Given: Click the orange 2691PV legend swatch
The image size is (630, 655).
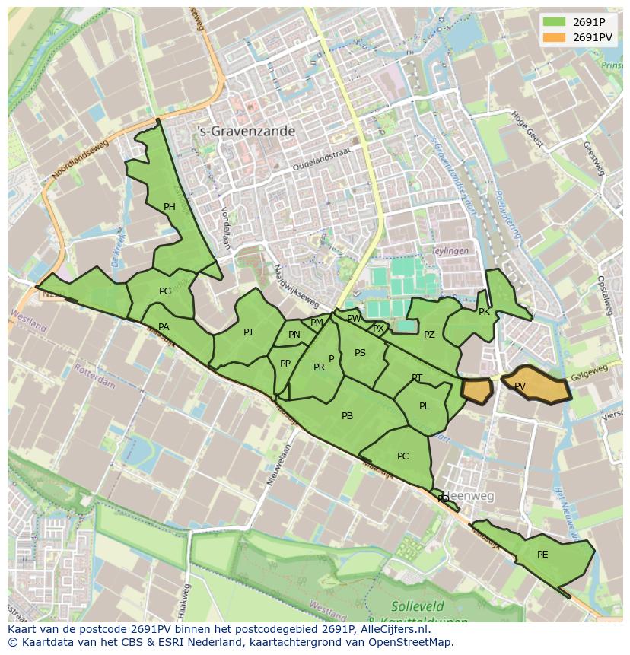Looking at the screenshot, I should pos(555,37).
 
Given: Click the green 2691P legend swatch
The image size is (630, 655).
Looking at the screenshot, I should pos(555,22).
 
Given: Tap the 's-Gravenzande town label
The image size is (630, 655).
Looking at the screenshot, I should pos(246,132).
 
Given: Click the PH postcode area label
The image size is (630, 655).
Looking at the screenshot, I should pos(169,206).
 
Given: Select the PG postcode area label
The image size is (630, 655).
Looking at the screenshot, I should pos(165,291).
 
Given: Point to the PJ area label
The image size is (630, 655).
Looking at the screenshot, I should pos(248,332).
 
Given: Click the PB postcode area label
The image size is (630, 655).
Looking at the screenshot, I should pos(347,416).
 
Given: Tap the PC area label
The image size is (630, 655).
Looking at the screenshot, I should pos(403,456).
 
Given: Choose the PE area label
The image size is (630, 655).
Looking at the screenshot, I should pos(542,555).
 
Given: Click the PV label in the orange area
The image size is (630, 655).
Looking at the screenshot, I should pos(520,386).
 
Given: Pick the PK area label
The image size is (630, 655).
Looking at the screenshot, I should pos(484,312).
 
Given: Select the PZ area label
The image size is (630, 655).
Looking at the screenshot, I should pos(429,335).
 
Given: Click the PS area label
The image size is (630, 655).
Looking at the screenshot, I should pos(360,353).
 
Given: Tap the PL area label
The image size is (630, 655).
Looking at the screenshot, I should pos(425,406).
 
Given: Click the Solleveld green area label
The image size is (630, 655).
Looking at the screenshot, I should pos(416,606).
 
